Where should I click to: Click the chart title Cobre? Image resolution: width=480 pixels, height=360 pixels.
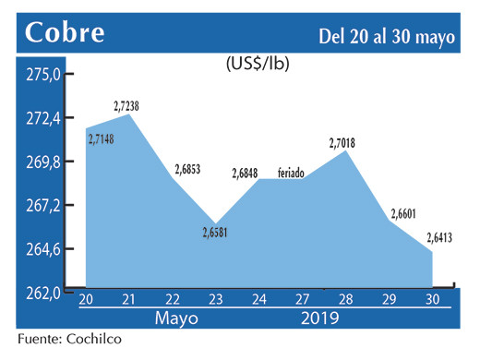[x=65, y=33]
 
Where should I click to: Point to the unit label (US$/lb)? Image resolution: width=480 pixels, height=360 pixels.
[x=256, y=66]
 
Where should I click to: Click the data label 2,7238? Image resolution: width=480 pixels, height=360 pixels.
[x=126, y=107]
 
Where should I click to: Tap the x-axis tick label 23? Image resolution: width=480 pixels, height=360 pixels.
[x=215, y=300]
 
